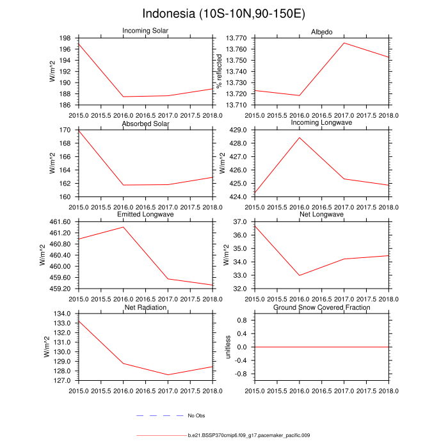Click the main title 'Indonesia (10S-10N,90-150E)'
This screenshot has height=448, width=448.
point(224,14)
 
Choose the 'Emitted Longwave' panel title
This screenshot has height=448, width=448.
point(145,214)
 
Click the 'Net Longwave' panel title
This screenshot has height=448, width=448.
point(322,214)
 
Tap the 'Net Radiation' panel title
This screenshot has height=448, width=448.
point(145,308)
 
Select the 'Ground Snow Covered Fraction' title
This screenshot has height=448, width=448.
point(322,308)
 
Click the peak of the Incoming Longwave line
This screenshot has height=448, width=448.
point(299,138)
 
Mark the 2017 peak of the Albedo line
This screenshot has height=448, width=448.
point(344,43)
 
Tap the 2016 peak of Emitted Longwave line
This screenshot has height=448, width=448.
point(123,227)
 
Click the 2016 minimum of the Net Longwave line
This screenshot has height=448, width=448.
point(299,275)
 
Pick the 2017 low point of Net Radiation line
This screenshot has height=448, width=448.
point(168,375)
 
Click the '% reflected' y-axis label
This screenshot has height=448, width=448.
point(219,71)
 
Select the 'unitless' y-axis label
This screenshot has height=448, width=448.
point(227,346)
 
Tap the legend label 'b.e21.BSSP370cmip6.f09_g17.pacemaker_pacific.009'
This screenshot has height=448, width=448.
point(249,436)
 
